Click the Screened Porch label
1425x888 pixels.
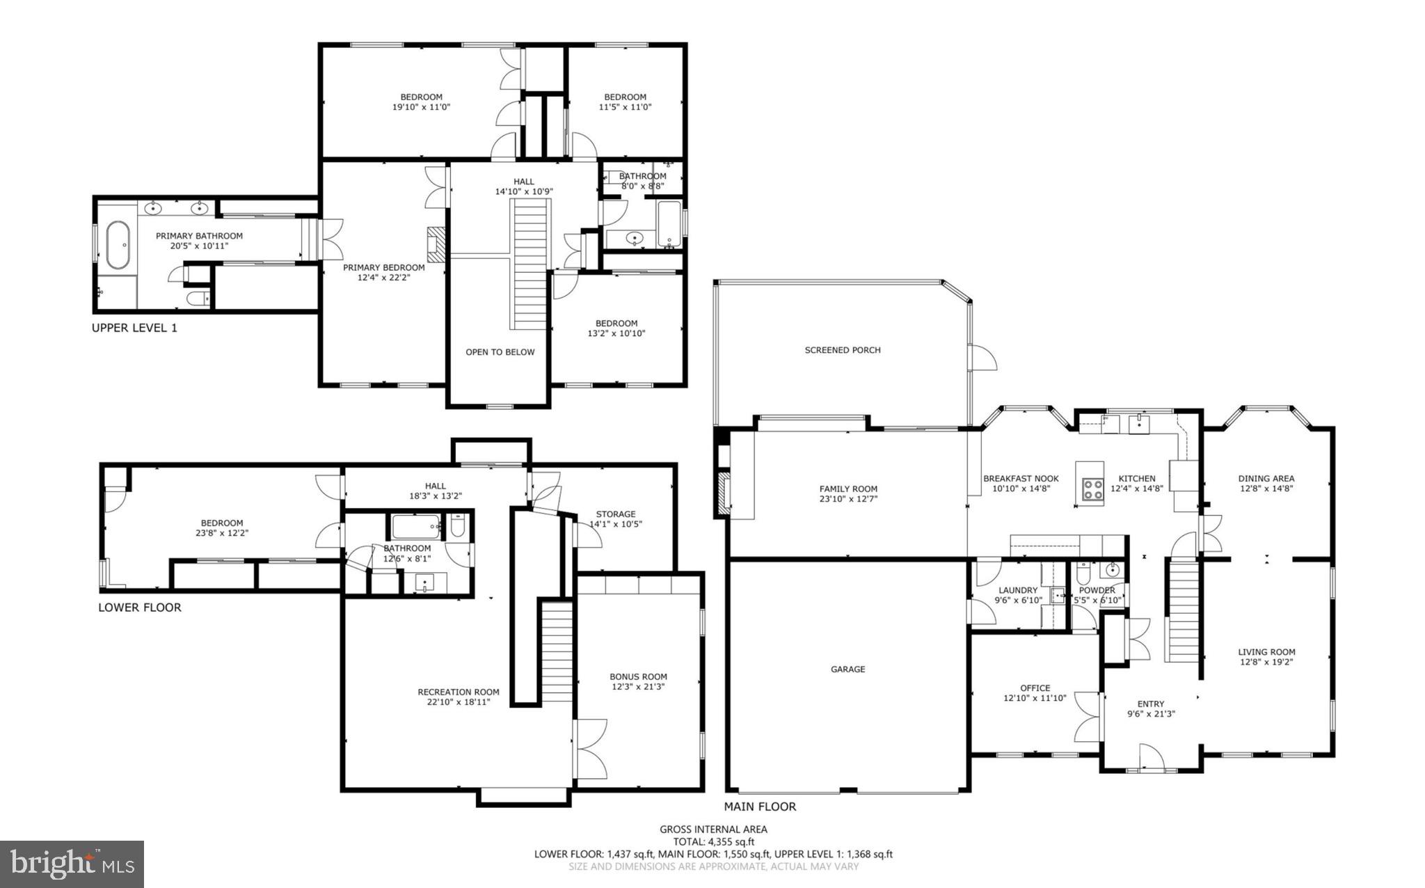(842, 350)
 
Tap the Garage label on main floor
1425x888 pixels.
(847, 669)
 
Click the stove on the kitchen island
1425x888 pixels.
(1092, 489)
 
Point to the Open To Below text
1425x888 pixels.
(500, 352)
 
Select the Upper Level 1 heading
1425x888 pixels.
(134, 328)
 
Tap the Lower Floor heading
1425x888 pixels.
(139, 608)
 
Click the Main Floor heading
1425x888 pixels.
(760, 807)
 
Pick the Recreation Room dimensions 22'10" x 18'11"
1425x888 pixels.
(458, 702)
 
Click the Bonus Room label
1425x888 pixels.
(638, 676)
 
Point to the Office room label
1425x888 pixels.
(1035, 688)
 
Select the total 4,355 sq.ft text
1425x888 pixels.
(713, 841)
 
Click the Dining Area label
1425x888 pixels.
(1266, 478)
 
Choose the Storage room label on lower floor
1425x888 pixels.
(615, 514)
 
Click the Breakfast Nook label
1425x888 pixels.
(1020, 478)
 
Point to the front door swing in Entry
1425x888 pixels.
(1151, 757)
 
